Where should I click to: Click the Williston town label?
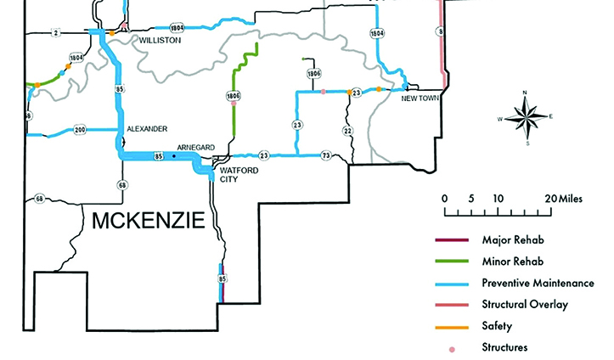161,39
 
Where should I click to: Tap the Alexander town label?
147,129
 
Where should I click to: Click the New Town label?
420,98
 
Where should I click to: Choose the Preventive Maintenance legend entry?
537,283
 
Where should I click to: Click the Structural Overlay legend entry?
525,304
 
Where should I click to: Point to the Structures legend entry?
504,346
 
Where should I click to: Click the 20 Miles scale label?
564,198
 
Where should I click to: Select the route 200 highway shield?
80,130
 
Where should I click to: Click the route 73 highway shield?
326,156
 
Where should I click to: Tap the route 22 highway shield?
346,131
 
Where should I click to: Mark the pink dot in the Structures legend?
452,348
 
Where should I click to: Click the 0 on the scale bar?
444,198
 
